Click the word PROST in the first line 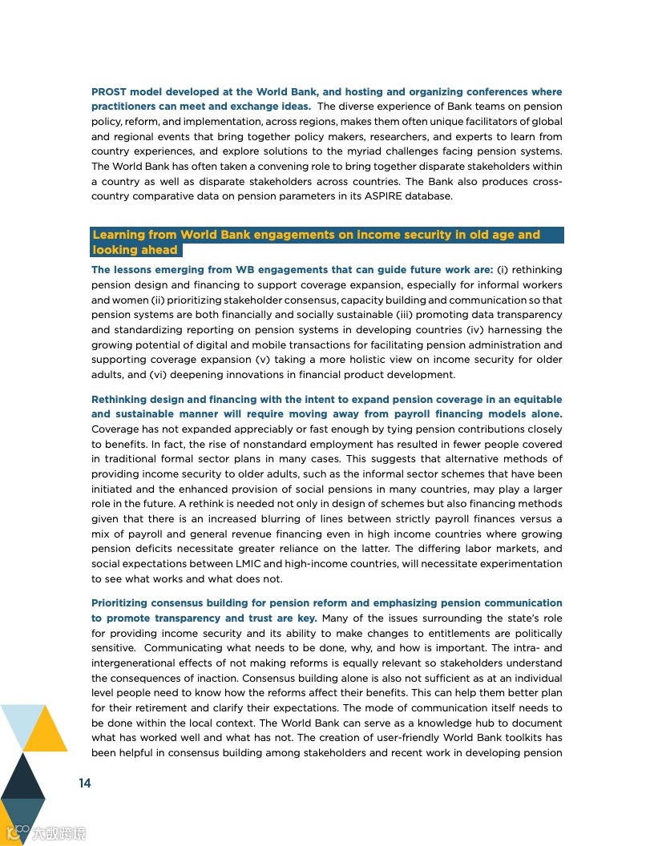point(109,92)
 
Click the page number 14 point(84,783)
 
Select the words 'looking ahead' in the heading point(135,250)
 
